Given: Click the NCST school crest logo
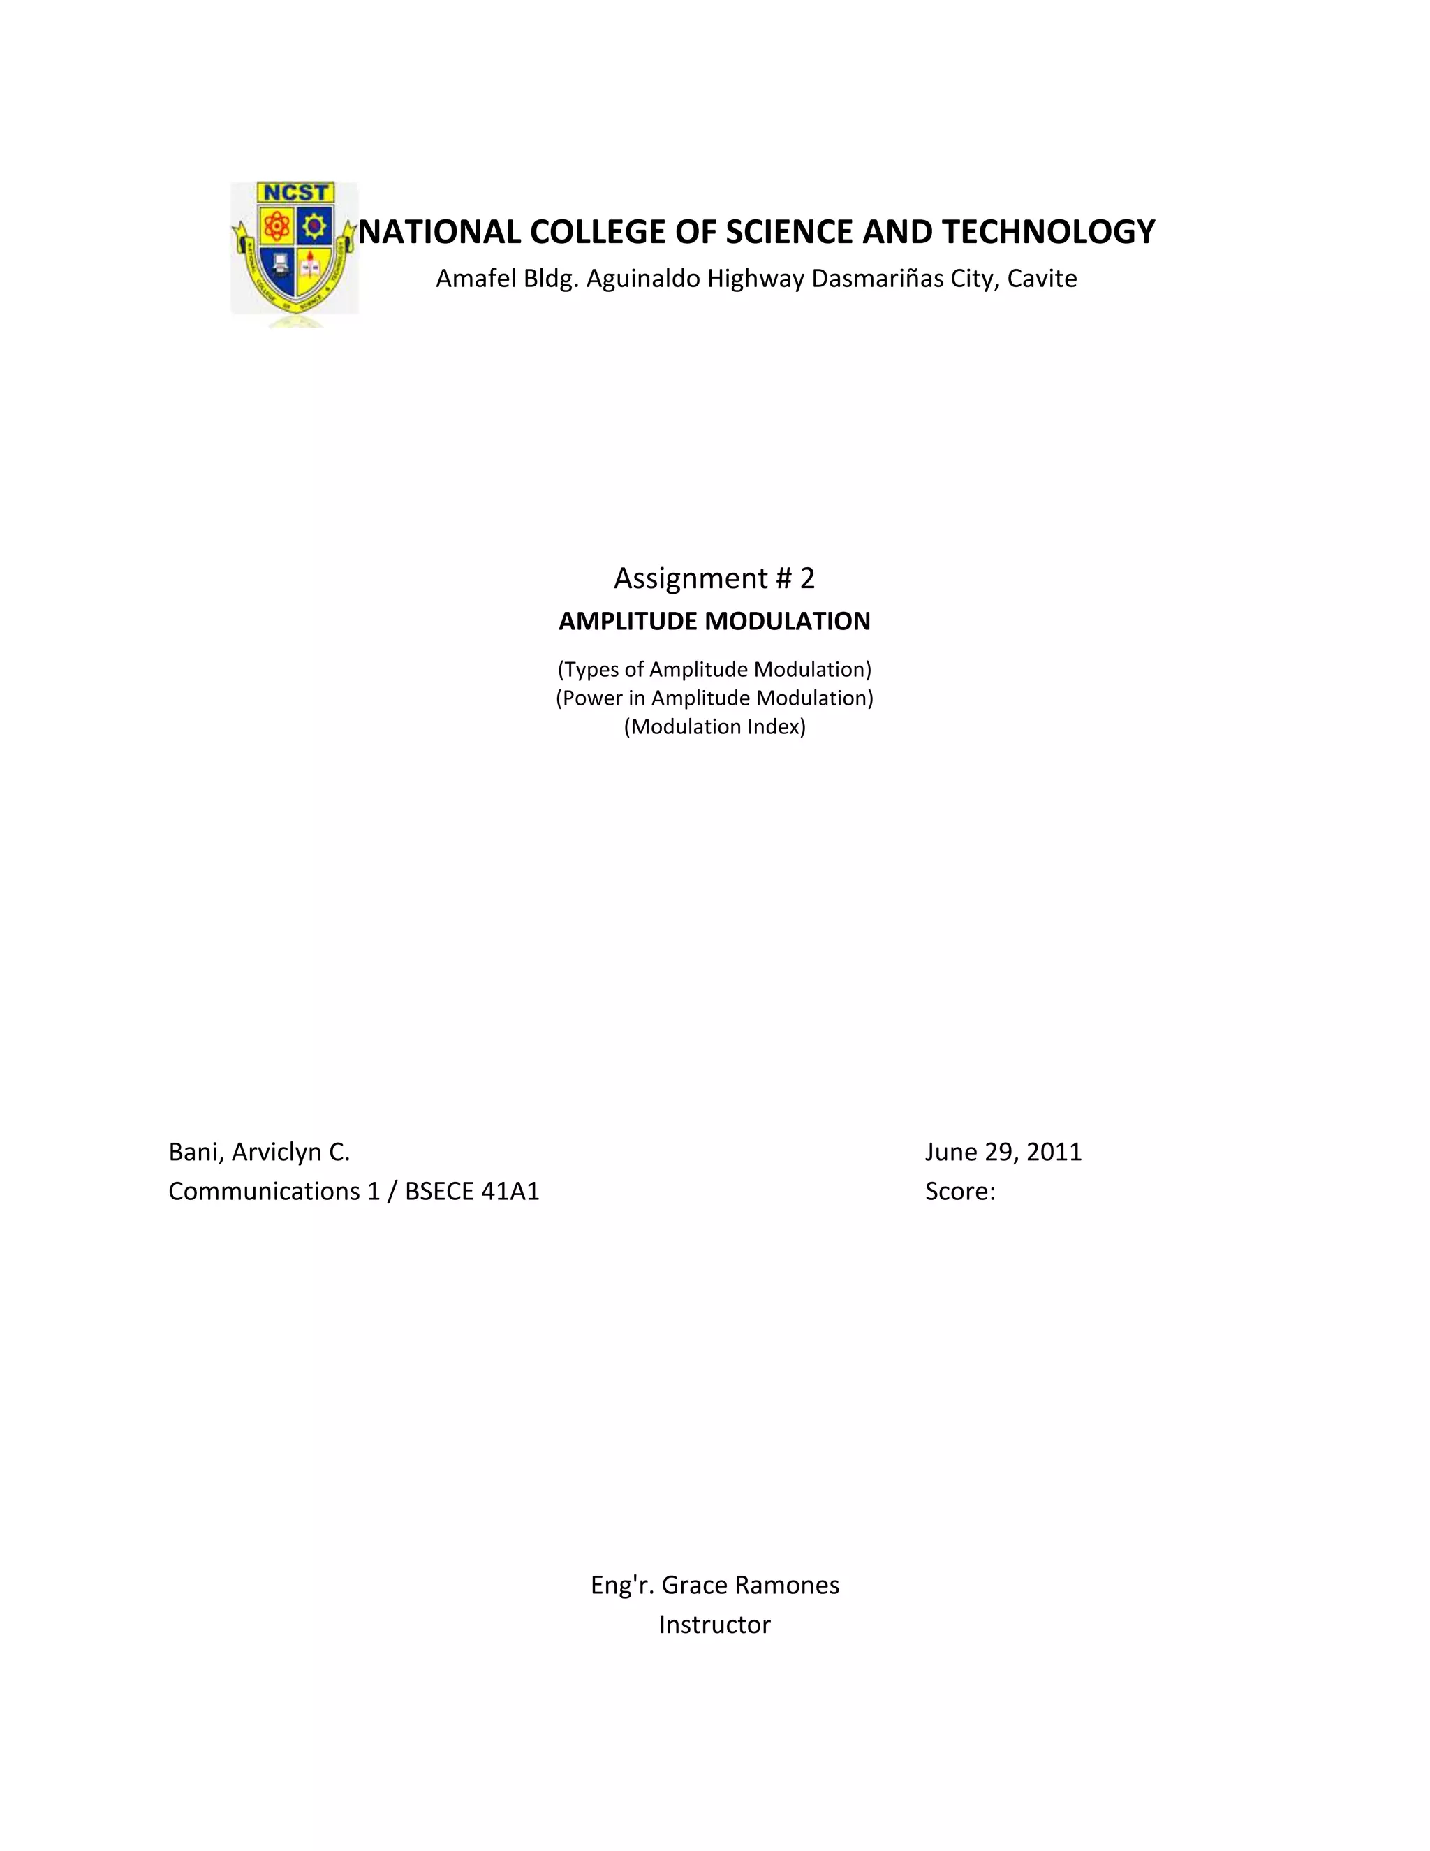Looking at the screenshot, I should click(294, 250).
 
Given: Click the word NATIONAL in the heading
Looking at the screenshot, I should click(438, 232).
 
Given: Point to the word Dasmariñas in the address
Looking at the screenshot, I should click(877, 279).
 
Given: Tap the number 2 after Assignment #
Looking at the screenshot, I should click(806, 578).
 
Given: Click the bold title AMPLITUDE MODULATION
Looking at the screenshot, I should click(714, 621).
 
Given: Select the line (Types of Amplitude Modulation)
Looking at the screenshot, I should click(714, 670).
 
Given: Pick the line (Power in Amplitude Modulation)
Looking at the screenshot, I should click(714, 698).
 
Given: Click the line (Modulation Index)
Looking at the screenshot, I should click(714, 727).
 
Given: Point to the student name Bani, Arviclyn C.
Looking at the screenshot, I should click(259, 1152).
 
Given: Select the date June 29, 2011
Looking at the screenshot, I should click(1003, 1152).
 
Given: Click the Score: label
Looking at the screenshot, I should click(960, 1192).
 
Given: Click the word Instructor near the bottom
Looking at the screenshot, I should click(714, 1625).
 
